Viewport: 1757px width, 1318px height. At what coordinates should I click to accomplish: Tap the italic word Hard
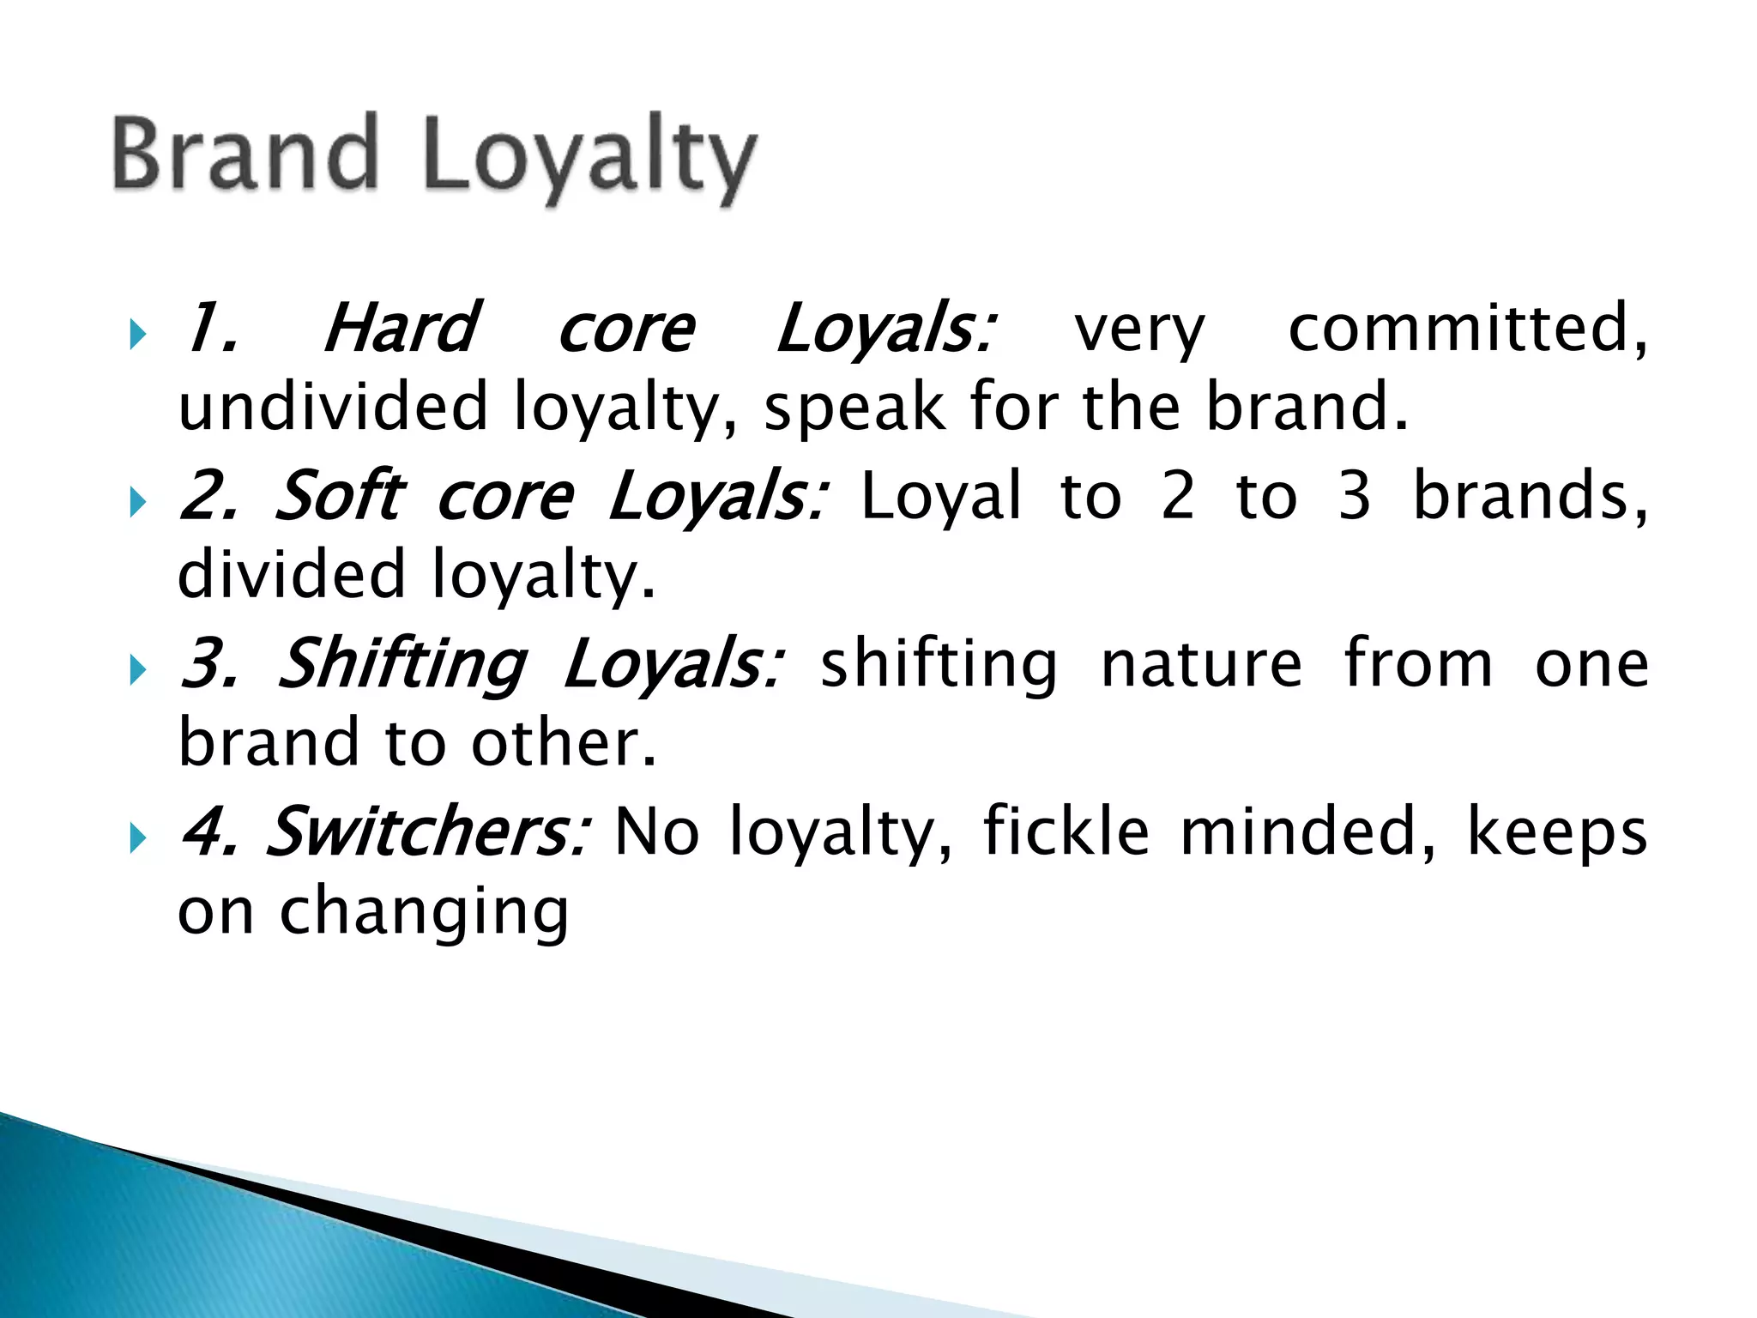coord(400,329)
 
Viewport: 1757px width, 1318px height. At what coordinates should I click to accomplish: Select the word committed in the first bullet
coord(1467,329)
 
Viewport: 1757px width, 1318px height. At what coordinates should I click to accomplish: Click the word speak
coord(854,408)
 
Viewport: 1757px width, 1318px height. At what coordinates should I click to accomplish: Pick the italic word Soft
coord(340,496)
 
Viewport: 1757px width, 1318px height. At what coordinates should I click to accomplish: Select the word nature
coord(1201,663)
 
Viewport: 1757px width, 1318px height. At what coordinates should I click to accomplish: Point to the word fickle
coord(1066,831)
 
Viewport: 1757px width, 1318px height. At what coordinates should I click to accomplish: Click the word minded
coord(1307,831)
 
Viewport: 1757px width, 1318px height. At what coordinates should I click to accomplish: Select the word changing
coord(425,913)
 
